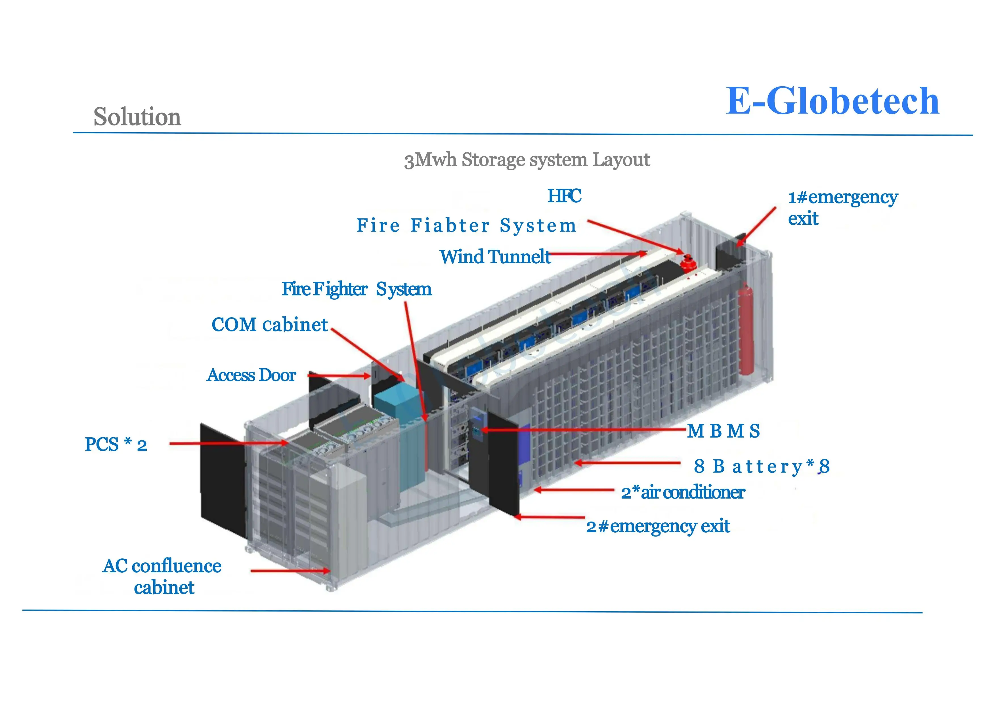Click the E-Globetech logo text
tap(832, 101)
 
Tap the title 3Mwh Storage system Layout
tap(527, 160)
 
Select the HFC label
tap(564, 196)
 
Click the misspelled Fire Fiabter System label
tap(466, 226)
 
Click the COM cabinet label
tap(269, 325)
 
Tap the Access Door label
tap(251, 375)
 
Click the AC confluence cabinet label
tap(162, 577)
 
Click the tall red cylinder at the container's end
tap(746, 330)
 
